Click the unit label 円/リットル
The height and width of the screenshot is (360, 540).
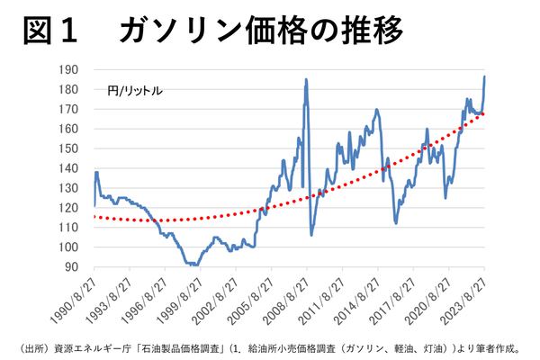[134, 91]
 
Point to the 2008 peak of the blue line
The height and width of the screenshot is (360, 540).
[306, 79]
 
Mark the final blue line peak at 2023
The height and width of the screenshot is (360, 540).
[485, 76]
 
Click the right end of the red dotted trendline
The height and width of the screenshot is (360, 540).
[484, 113]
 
